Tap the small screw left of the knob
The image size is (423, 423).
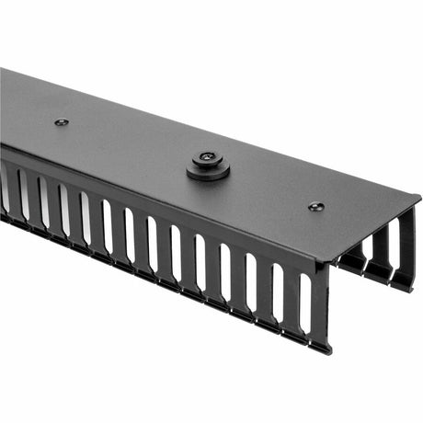[x=62, y=121]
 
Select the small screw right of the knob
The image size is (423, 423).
[x=315, y=207]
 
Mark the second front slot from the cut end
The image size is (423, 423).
[x=278, y=290]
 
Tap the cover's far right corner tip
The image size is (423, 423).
[x=419, y=197]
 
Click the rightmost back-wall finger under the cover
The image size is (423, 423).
[x=406, y=248]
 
